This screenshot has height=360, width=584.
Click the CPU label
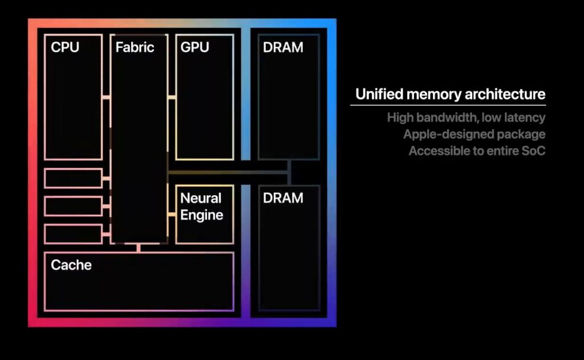click(x=65, y=47)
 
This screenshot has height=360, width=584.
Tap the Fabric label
click(x=135, y=47)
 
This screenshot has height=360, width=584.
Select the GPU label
click(x=194, y=47)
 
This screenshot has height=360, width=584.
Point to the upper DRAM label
click(x=283, y=47)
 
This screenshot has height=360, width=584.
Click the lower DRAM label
click(x=283, y=198)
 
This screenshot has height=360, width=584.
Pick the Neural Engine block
click(x=204, y=214)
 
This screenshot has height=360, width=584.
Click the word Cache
click(x=71, y=265)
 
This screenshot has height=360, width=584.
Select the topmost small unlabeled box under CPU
click(x=73, y=178)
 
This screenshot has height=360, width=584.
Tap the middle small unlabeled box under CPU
click(x=73, y=206)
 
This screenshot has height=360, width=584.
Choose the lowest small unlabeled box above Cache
click(x=73, y=233)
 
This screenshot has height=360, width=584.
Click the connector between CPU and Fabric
click(x=106, y=98)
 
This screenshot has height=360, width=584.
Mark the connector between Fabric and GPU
click(x=172, y=98)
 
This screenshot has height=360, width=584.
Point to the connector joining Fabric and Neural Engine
click(x=172, y=215)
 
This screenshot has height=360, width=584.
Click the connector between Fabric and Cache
click(x=139, y=248)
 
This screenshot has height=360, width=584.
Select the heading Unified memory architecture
click(x=450, y=94)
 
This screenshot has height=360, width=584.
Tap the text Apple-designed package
click(x=474, y=135)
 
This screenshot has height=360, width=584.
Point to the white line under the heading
click(x=448, y=106)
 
